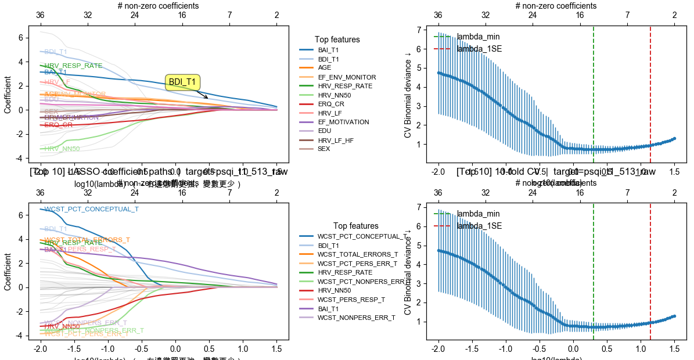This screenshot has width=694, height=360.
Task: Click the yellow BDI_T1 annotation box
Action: (182, 82)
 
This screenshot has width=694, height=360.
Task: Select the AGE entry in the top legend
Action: (324, 68)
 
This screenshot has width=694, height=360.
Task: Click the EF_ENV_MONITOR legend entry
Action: (346, 77)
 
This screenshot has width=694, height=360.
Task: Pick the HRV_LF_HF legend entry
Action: (336, 140)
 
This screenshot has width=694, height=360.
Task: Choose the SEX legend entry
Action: (323, 149)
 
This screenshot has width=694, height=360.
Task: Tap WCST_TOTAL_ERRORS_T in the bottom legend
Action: (357, 254)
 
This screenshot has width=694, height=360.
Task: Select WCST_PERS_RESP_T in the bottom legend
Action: (351, 300)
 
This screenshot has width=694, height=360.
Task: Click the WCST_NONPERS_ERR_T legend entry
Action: (356, 318)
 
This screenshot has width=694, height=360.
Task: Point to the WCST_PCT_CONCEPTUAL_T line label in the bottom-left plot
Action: (92, 209)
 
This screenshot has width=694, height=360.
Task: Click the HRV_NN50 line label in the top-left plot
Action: (62, 149)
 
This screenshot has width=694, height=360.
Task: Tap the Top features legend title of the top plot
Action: (337, 39)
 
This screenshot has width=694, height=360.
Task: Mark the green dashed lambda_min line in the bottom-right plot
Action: (594, 273)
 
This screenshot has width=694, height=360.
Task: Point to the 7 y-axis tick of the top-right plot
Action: (427, 30)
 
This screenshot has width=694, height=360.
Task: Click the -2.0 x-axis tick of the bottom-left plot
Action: (40, 350)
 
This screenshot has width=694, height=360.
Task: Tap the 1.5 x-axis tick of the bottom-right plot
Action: (674, 350)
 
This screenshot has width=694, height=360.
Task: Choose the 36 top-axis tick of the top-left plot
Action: (40, 15)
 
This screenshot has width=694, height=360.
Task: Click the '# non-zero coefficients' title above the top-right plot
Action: (556, 6)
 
